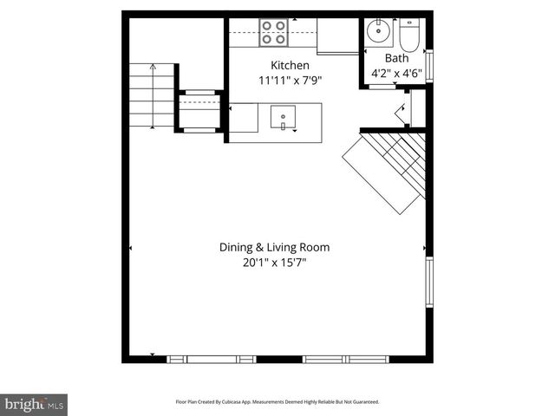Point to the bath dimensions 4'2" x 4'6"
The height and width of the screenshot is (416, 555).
click(x=396, y=74)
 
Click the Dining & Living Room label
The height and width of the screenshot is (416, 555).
click(x=274, y=247)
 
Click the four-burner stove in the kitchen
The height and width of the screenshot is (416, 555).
click(x=274, y=32)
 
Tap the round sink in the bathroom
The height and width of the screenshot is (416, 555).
click(x=378, y=32)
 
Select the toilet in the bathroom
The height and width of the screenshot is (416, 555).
click(x=409, y=35)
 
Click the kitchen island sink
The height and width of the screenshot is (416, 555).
click(x=284, y=117)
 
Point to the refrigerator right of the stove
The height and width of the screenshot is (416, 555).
click(x=337, y=36)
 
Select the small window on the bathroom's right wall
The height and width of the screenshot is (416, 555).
click(x=429, y=67)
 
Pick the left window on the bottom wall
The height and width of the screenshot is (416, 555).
click(x=212, y=359)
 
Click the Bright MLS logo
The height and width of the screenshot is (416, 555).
click(x=35, y=404)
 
